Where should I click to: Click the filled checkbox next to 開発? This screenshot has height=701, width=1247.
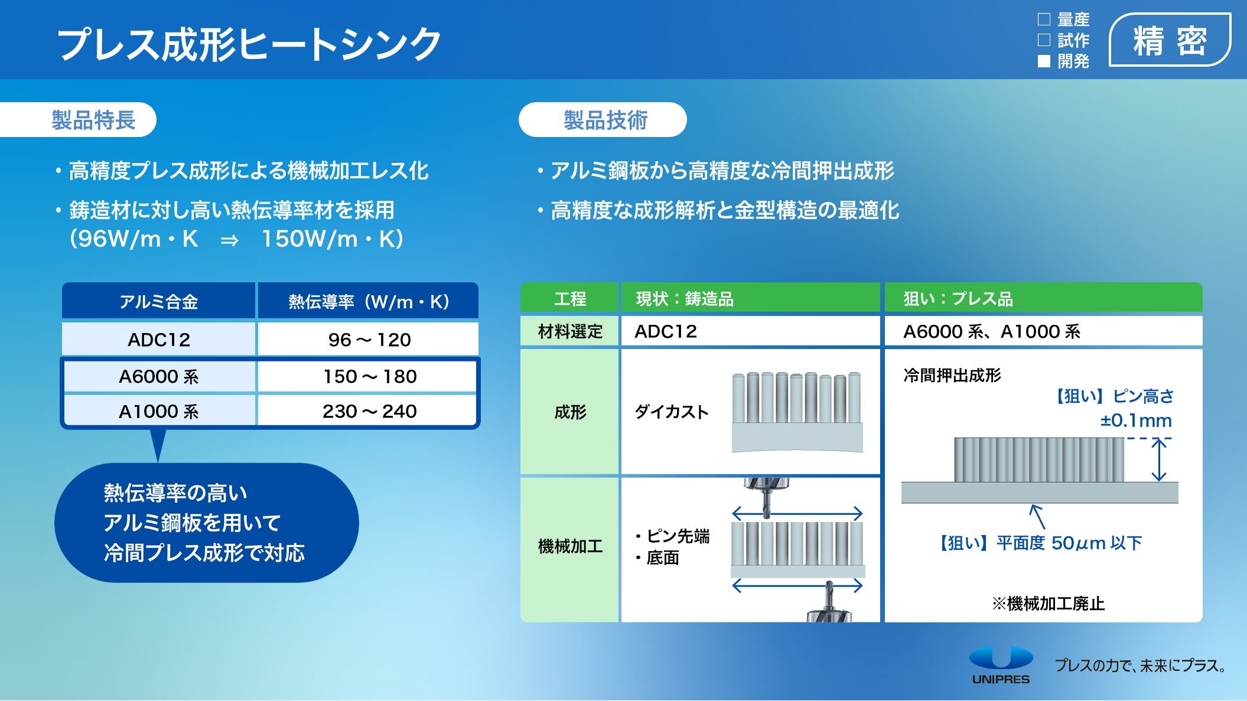(1044, 61)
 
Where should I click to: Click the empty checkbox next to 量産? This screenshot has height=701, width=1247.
(1044, 19)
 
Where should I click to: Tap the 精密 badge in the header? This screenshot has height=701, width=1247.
(1170, 40)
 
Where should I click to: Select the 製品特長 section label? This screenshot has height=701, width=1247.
(93, 120)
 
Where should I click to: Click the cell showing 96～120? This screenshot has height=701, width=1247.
(369, 340)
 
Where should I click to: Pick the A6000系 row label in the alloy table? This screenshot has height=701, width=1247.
(159, 376)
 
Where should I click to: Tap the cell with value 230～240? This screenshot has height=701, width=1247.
(369, 411)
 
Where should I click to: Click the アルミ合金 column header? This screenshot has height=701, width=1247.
(159, 302)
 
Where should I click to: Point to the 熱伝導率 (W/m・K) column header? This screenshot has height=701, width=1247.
(369, 302)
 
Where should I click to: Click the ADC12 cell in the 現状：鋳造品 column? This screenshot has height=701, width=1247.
(666, 331)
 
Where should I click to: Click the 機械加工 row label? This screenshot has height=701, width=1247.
(570, 546)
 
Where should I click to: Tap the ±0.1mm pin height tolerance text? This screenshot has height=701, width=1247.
(1136, 420)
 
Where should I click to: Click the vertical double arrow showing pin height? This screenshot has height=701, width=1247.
(1160, 459)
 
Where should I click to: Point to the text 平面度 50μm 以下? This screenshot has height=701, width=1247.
(1069, 543)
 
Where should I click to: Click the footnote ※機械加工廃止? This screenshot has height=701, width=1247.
(1048, 604)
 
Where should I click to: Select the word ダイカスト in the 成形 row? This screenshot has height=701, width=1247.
(672, 412)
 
